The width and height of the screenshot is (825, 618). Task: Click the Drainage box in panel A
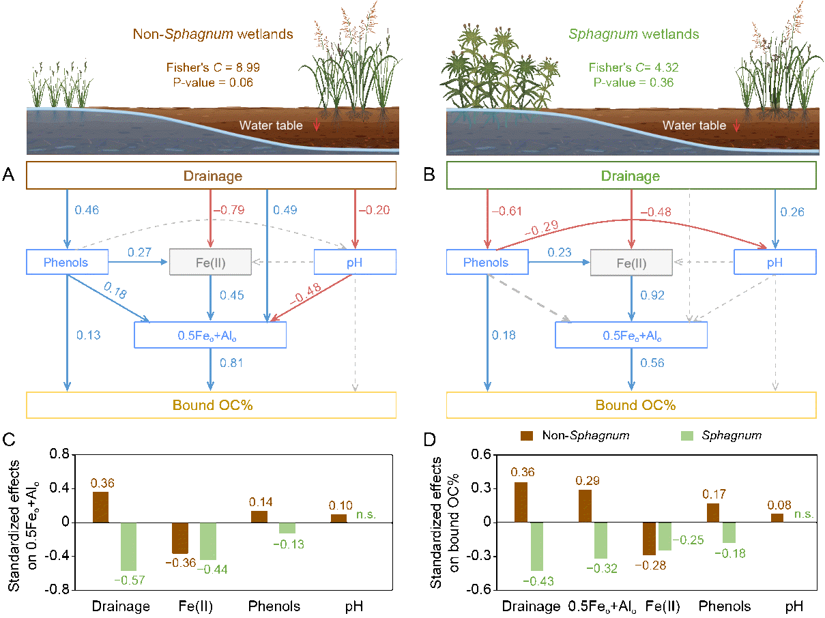click(x=211, y=176)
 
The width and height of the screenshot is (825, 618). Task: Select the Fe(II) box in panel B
click(x=632, y=263)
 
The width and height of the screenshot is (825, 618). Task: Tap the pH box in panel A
click(x=355, y=263)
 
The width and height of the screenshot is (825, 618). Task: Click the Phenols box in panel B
click(x=487, y=263)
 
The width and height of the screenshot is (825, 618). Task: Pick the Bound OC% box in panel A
click(x=211, y=404)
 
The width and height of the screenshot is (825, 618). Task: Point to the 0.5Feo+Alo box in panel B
click(x=631, y=336)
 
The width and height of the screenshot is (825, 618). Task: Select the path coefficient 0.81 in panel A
click(x=232, y=362)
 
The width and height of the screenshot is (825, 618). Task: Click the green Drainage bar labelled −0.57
click(x=129, y=546)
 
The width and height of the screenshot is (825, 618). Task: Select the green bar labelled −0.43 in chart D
click(x=538, y=546)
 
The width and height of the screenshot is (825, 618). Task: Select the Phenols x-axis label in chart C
click(x=274, y=606)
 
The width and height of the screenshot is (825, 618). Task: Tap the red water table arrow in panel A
click(x=316, y=126)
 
